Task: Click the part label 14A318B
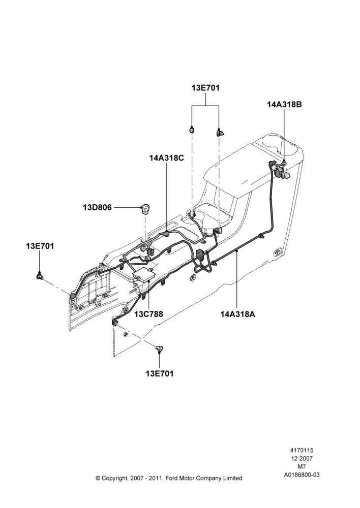(x=284, y=104)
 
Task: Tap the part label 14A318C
(x=167, y=158)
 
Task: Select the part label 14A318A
(x=238, y=314)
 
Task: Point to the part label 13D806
(x=97, y=207)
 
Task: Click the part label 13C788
(x=149, y=314)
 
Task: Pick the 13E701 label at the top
(x=205, y=88)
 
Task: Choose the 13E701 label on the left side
(x=40, y=246)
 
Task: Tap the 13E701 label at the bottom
(x=160, y=373)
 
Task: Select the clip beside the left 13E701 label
(x=40, y=276)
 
